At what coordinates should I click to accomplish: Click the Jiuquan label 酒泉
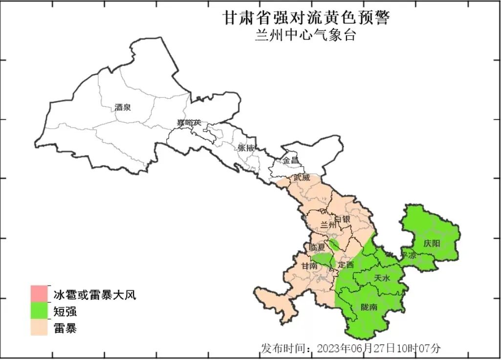123,107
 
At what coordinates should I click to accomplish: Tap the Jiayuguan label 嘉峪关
189,122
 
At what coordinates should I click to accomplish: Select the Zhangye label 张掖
246,147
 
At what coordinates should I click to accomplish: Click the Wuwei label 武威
302,178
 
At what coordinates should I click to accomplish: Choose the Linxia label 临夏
318,247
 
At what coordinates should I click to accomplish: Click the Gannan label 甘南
309,266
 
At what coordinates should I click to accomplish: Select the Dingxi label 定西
346,265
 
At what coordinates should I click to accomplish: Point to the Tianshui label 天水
382,278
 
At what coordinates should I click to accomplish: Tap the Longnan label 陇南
369,307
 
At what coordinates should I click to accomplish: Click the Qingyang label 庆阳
432,243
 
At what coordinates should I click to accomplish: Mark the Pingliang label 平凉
408,255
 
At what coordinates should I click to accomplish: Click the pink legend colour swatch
39,293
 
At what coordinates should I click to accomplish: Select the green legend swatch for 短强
39,311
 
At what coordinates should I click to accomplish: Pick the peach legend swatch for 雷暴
39,327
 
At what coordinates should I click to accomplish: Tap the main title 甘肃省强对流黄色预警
306,18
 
